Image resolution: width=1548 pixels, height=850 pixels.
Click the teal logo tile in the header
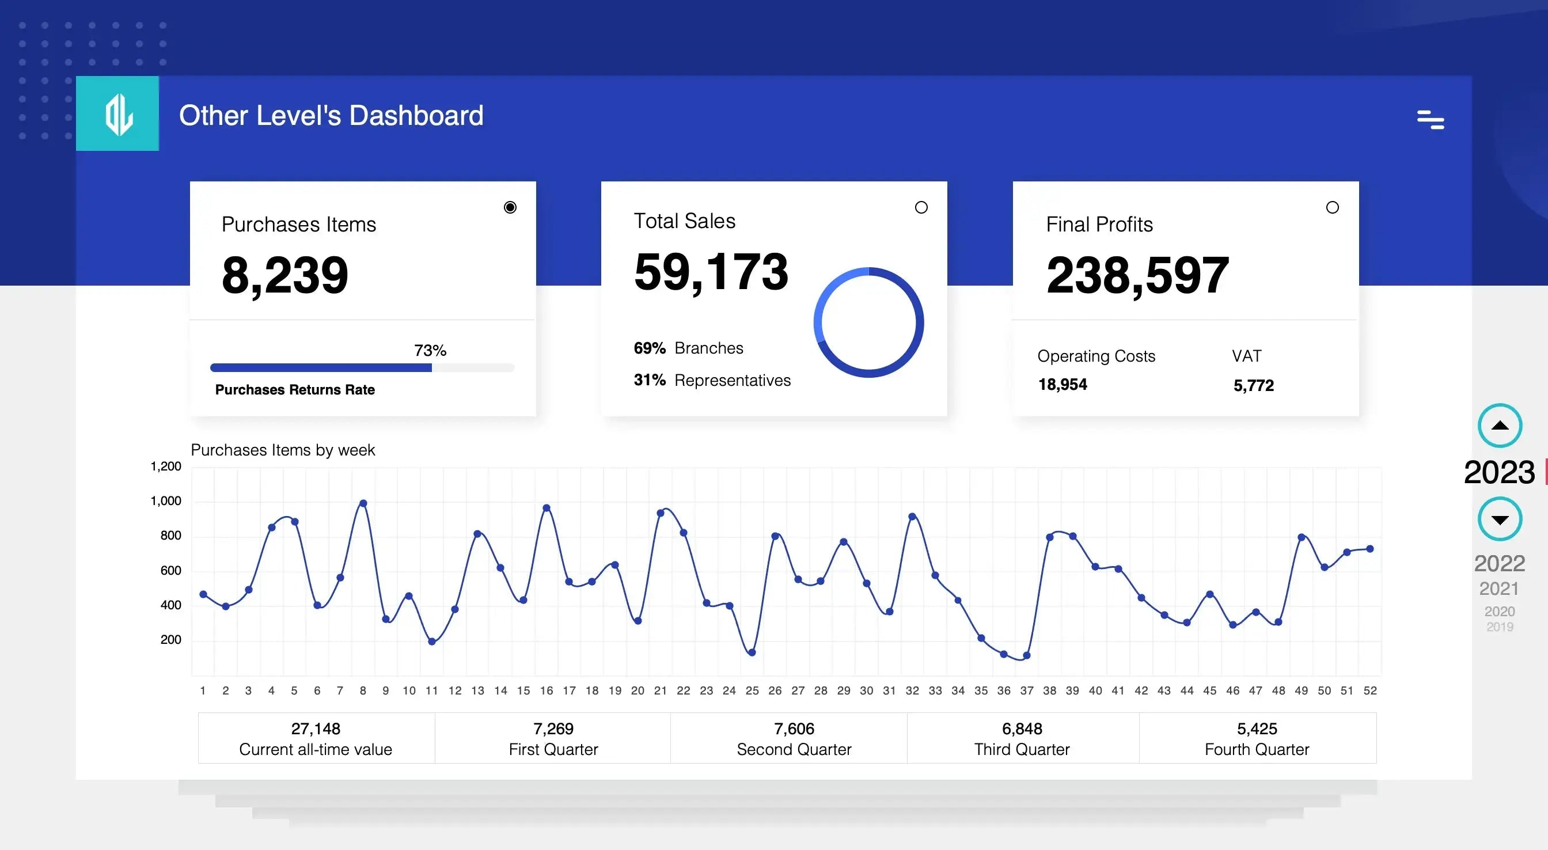tap(117, 113)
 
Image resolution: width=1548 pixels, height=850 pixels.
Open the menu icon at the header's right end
tap(1430, 120)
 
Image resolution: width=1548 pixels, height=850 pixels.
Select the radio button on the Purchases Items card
tap(510, 207)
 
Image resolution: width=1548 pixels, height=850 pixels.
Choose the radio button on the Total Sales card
tap(921, 207)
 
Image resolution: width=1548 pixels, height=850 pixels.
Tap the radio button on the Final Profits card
tap(1332, 207)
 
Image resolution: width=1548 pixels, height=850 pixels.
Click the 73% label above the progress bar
tap(430, 351)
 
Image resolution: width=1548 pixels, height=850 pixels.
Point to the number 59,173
tap(711, 272)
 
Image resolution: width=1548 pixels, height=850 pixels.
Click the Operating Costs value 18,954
tap(1063, 385)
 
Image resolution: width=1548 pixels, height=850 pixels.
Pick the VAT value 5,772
tap(1254, 385)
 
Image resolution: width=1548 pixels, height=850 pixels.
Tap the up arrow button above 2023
tap(1500, 426)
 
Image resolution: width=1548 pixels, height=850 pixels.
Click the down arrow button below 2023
tap(1500, 519)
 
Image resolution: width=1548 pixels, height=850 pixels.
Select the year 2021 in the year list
tap(1498, 589)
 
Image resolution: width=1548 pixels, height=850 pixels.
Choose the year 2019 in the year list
tap(1499, 627)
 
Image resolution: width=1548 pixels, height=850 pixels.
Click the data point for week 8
tap(363, 503)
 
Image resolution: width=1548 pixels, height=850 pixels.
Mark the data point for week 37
tap(1027, 656)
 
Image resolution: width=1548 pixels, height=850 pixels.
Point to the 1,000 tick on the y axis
tap(166, 502)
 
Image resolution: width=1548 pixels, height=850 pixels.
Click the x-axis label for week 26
tap(775, 690)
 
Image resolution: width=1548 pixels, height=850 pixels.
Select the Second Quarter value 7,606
tap(794, 728)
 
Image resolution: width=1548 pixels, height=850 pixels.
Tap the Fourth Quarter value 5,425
tap(1257, 728)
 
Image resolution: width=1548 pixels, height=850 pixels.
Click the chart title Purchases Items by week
tap(282, 450)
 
